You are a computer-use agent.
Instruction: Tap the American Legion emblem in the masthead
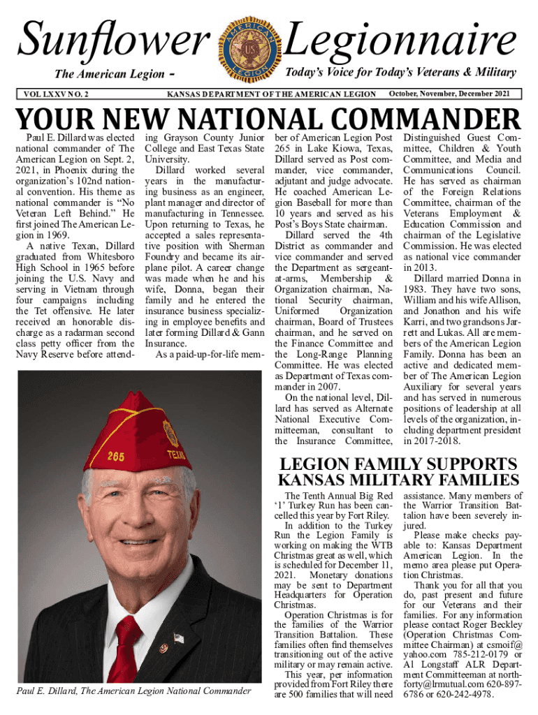[x=249, y=47]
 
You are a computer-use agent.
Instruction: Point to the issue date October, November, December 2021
[x=453, y=94]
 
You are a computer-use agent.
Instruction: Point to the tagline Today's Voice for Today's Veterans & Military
[x=401, y=73]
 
